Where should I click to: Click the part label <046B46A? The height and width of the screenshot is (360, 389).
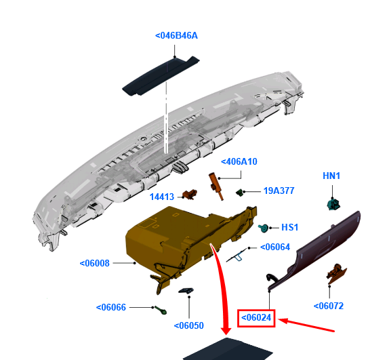[176, 36]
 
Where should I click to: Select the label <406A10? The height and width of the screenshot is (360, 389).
[239, 162]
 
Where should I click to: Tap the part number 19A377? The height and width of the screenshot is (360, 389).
[279, 191]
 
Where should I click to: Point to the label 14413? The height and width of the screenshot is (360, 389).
[162, 197]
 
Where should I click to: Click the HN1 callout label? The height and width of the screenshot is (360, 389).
[331, 176]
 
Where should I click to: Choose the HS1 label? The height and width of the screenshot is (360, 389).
[290, 228]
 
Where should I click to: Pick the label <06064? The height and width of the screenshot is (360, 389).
[275, 247]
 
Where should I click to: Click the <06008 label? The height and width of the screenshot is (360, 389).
[94, 263]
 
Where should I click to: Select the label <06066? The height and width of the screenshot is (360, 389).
[111, 307]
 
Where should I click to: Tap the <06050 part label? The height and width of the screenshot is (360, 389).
[189, 325]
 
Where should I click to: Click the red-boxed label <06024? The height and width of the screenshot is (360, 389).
[256, 318]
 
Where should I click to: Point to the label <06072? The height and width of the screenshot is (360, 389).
[329, 306]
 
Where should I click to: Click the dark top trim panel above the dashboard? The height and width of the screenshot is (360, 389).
[161, 76]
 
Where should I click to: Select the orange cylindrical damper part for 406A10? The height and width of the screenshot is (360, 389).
[216, 186]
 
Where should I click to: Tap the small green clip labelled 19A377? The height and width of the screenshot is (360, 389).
[239, 193]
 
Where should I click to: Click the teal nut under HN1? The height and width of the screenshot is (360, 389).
[333, 203]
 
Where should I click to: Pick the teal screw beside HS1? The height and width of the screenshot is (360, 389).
[263, 228]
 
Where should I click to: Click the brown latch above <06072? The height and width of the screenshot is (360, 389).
[336, 273]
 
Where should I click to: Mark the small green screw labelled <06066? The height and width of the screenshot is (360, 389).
[161, 310]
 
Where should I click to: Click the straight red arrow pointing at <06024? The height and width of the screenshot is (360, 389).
[306, 325]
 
